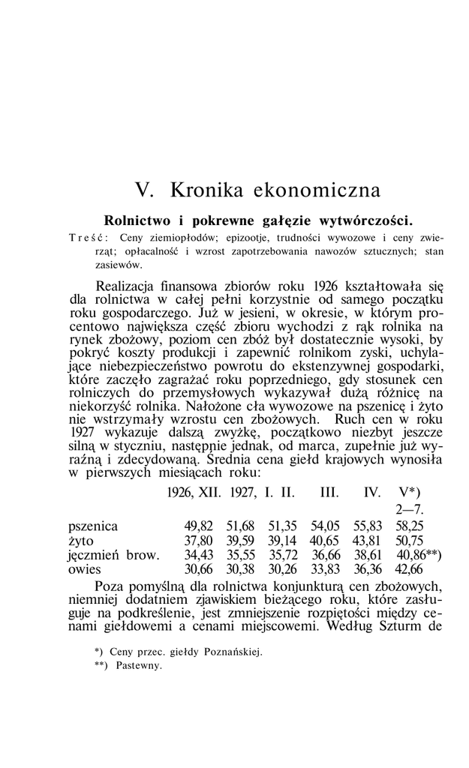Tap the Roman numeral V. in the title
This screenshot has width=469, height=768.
pyautogui.click(x=144, y=189)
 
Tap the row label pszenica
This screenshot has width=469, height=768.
pyautogui.click(x=93, y=526)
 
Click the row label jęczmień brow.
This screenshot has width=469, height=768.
pyautogui.click(x=113, y=555)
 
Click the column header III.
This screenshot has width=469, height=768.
pyautogui.click(x=329, y=494)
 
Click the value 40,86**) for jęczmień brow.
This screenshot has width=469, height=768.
pyautogui.click(x=419, y=555)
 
